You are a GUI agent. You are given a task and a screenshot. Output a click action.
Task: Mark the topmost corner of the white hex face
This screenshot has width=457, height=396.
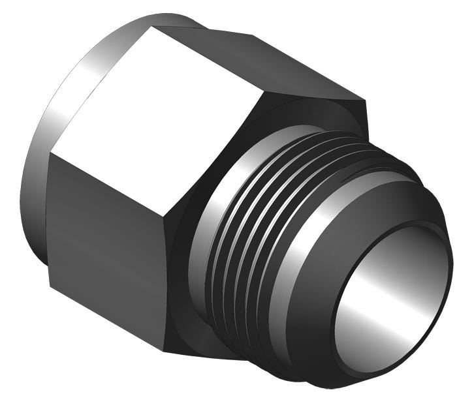[x=151, y=27]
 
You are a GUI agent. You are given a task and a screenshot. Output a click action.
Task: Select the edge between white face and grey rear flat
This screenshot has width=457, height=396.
[x=209, y=59]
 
